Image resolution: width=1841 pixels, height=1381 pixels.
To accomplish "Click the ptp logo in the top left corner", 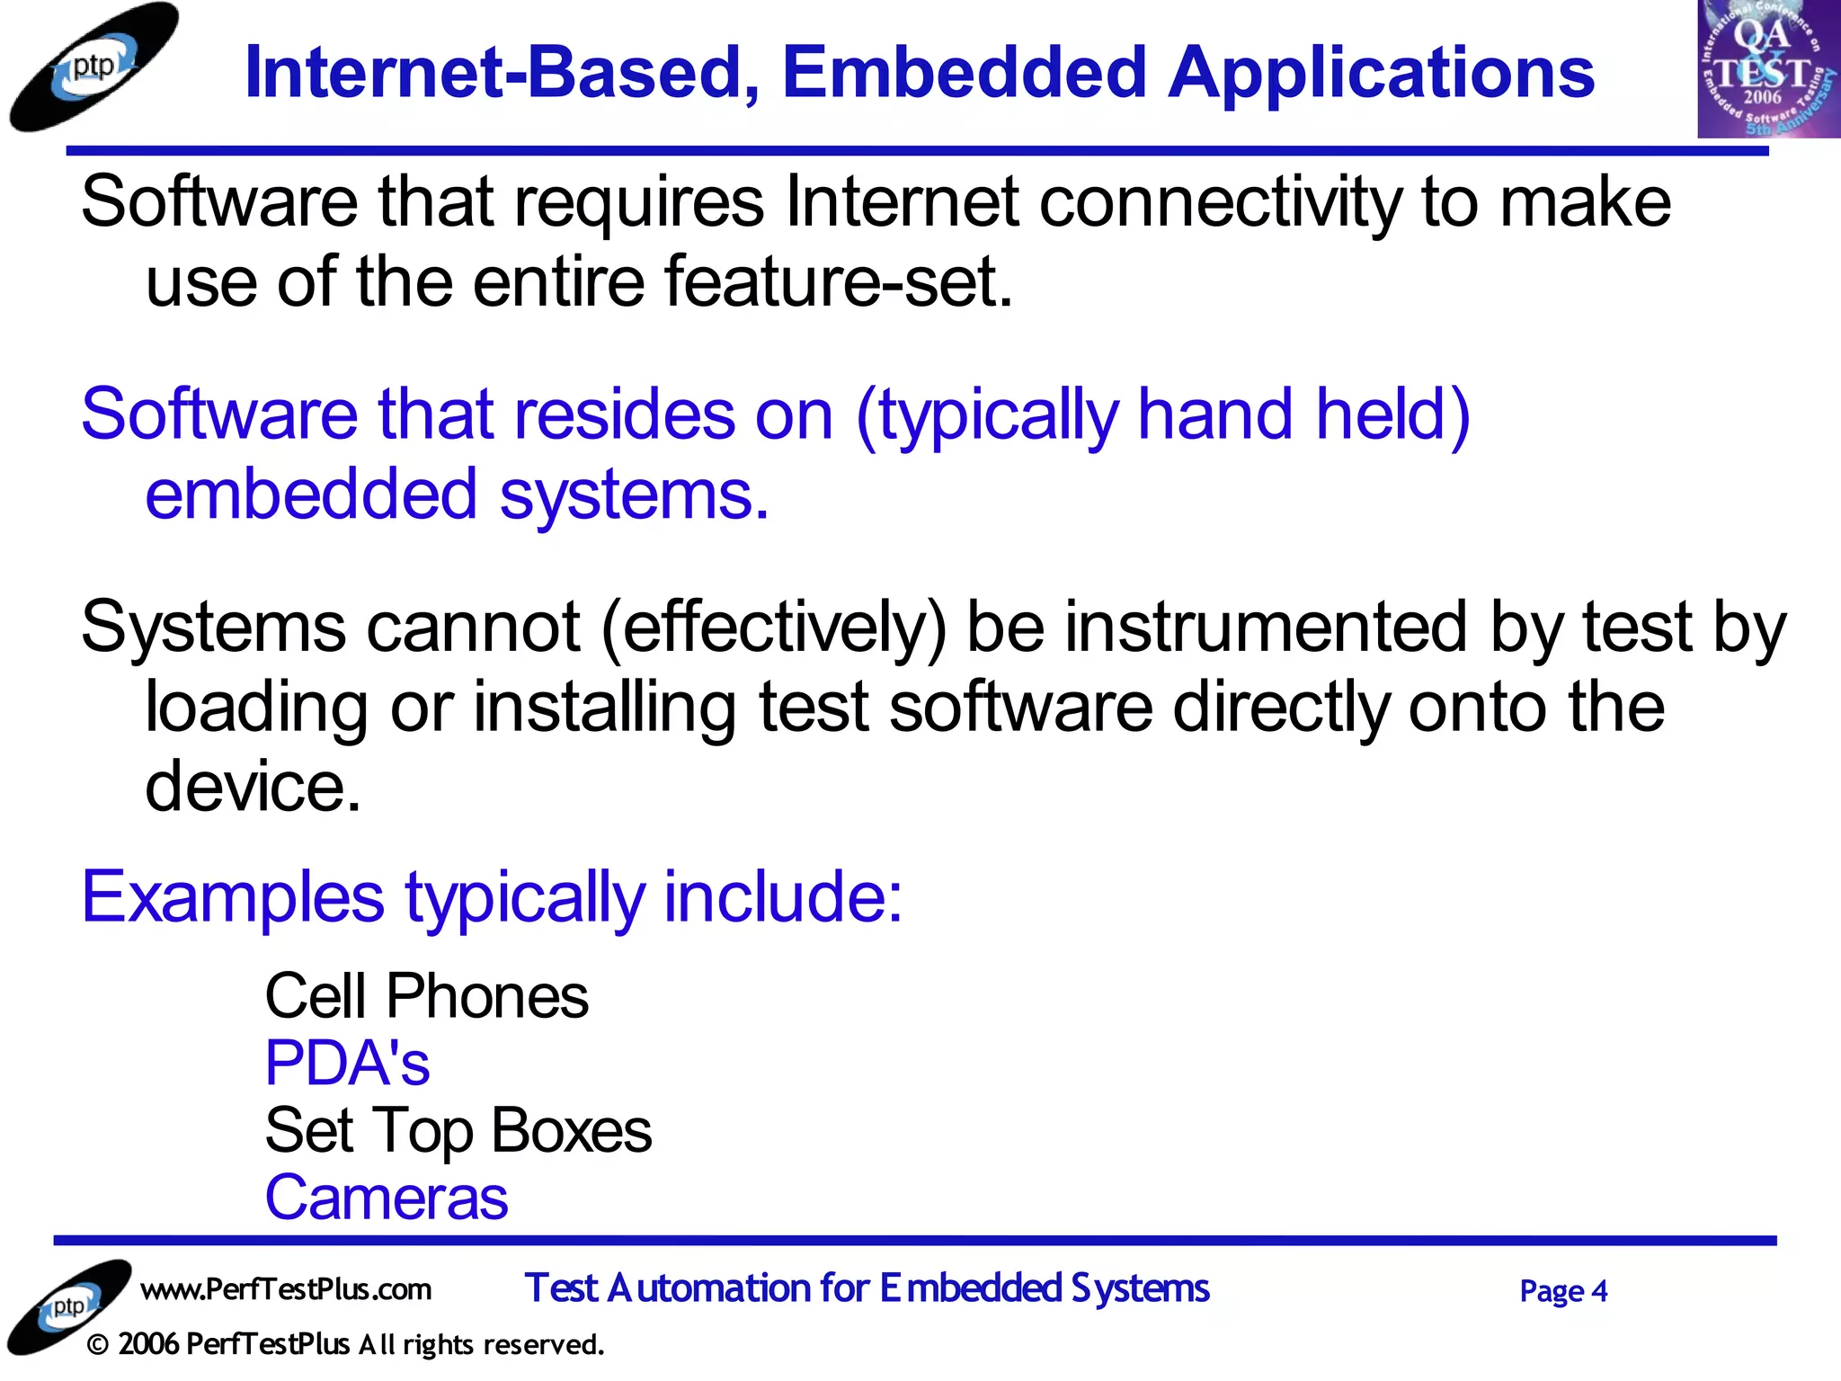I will (93, 68).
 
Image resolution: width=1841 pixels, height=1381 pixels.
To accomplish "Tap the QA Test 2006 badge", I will (1767, 68).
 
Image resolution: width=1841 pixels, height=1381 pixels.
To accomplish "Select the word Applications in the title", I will (1381, 74).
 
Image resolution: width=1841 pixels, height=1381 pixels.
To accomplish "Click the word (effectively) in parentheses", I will (774, 628).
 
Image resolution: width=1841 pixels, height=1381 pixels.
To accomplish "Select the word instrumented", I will (1267, 628).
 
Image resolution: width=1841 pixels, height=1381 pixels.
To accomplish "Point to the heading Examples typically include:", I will (492, 897).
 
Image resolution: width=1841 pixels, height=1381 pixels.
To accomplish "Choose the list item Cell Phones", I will (426, 997).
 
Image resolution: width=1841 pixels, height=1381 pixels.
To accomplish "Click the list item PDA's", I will (347, 1064).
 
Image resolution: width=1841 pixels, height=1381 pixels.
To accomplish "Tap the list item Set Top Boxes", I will (458, 1131).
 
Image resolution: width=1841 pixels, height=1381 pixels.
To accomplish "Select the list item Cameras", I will (387, 1198).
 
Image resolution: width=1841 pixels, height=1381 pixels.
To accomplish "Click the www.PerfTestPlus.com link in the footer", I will (286, 1290).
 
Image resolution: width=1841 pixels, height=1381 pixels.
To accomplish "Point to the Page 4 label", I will (1562, 1292).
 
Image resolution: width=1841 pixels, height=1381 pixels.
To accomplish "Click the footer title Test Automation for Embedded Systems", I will (867, 1289).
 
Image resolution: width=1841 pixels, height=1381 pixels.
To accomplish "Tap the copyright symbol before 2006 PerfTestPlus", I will (98, 1346).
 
